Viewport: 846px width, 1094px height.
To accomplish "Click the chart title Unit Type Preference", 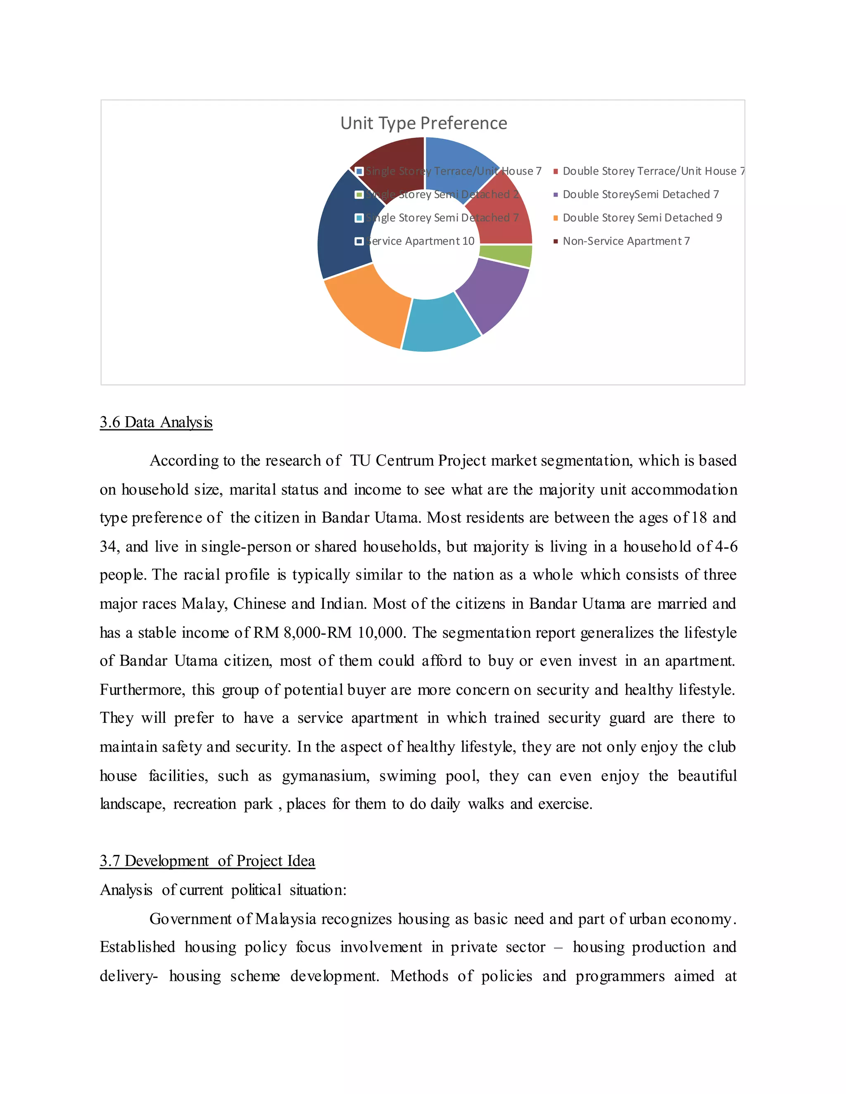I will [423, 123].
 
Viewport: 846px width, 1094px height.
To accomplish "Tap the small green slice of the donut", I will [505, 256].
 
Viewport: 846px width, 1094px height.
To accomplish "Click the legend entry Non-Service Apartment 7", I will [625, 242].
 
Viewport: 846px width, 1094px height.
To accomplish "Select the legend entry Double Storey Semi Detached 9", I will [642, 218].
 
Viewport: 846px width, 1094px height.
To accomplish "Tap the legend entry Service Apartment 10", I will [420, 242].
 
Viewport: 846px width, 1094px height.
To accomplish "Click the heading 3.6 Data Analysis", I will [156, 422].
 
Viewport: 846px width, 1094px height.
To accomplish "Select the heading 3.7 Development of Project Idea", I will [207, 861].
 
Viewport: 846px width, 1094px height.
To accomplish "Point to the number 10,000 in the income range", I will [381, 632].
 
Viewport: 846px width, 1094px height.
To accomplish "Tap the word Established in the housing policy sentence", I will [137, 947].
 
